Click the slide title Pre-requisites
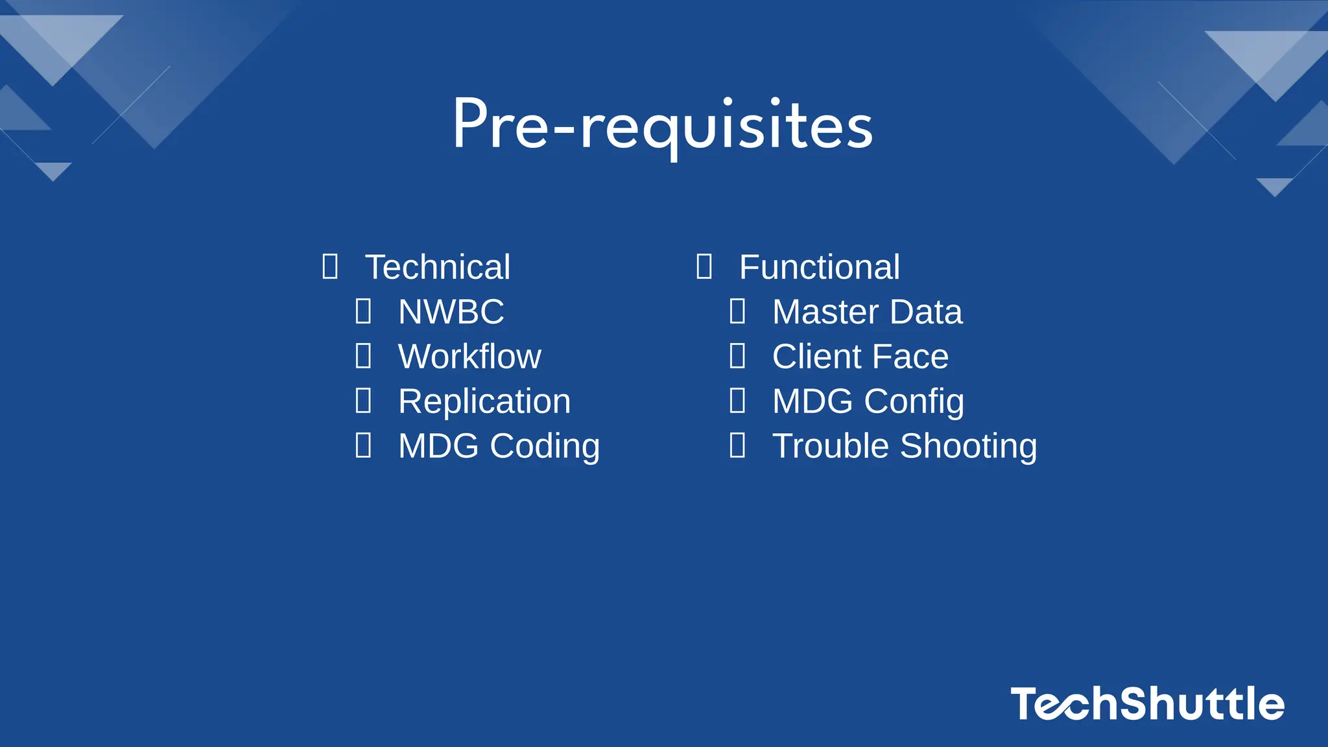click(x=663, y=124)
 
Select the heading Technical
click(x=438, y=267)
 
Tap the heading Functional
click(x=820, y=267)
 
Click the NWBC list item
click(x=451, y=312)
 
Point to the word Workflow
click(x=469, y=357)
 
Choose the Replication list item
click(x=484, y=401)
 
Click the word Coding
click(x=545, y=446)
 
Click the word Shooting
click(x=969, y=446)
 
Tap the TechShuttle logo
click(x=1147, y=704)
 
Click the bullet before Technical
click(x=330, y=267)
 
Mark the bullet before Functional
click(x=704, y=267)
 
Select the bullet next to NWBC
click(x=364, y=311)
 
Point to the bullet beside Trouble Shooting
click(x=738, y=445)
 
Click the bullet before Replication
click(x=364, y=401)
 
